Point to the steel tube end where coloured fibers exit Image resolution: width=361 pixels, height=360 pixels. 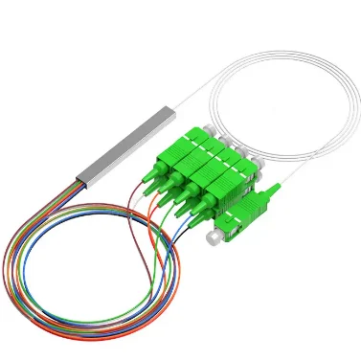point(79,175)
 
